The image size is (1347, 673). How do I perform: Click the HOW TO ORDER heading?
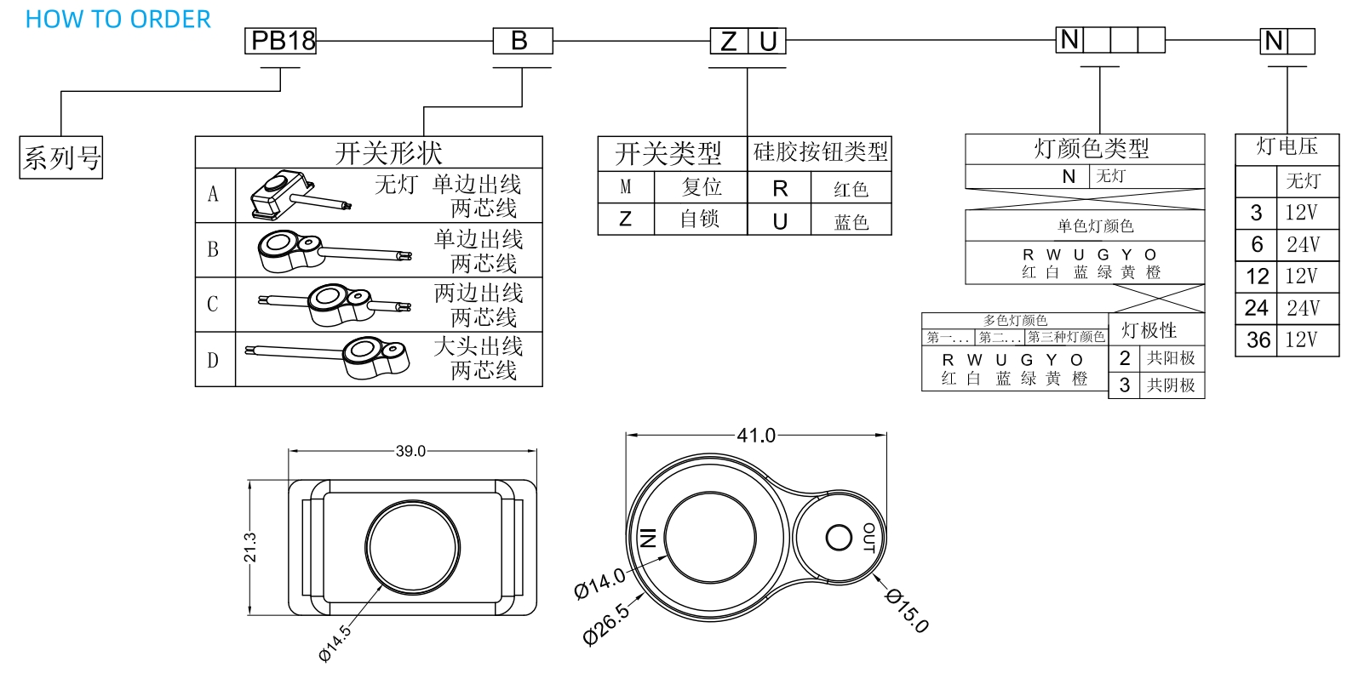pyautogui.click(x=118, y=20)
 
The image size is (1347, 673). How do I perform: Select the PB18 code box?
pyautogui.click(x=281, y=41)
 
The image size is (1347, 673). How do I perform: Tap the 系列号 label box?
pyautogui.click(x=61, y=157)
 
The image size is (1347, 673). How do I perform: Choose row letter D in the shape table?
pyautogui.click(x=214, y=360)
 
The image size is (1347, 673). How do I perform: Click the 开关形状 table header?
pyautogui.click(x=388, y=153)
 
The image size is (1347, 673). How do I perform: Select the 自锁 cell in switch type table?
pyautogui.click(x=700, y=220)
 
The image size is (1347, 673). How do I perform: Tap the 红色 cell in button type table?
pyautogui.click(x=851, y=189)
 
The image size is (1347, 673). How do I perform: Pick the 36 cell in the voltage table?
pyautogui.click(x=1258, y=340)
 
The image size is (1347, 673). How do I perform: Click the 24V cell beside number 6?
pyautogui.click(x=1303, y=245)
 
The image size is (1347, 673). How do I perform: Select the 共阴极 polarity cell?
pyautogui.click(x=1171, y=385)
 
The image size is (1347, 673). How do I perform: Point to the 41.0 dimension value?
pyautogui.click(x=756, y=436)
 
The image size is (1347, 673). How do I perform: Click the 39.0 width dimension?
pyautogui.click(x=410, y=451)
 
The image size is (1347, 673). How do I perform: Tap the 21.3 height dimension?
pyautogui.click(x=250, y=547)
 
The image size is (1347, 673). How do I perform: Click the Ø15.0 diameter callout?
pyautogui.click(x=908, y=610)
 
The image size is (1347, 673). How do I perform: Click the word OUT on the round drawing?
pyautogui.click(x=869, y=538)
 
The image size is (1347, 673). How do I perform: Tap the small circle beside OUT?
pyautogui.click(x=839, y=538)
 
